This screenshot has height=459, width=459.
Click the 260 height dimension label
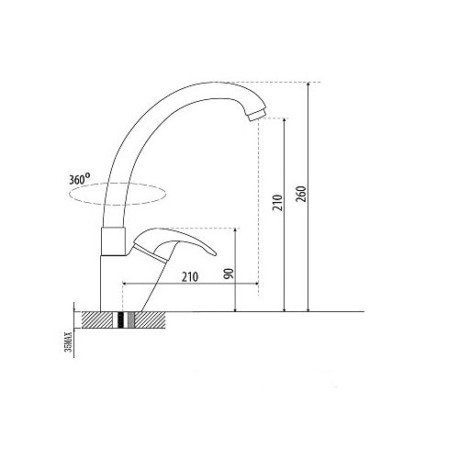pos(301,194)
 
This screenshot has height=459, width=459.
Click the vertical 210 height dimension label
pos(278,203)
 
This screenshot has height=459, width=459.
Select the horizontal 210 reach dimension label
pos(190,277)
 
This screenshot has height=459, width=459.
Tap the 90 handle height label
pos(229,274)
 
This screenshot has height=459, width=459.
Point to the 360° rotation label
pos(80,179)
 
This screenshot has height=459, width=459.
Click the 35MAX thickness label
pos(70,341)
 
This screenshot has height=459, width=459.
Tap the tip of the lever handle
pos(215,253)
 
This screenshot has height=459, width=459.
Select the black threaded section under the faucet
pos(121,320)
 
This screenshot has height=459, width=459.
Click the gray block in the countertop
pos(131,320)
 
